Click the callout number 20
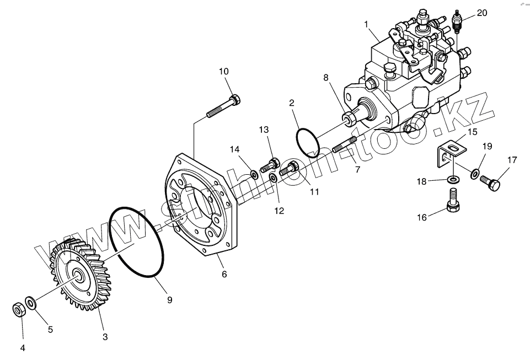(x=482, y=13)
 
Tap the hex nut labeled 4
(x=18, y=310)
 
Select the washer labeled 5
(x=31, y=302)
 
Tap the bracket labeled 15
(x=451, y=153)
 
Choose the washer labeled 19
(x=475, y=174)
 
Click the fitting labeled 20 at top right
(x=457, y=21)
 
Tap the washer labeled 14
(x=254, y=175)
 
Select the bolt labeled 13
(x=270, y=164)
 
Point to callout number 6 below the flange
(x=224, y=274)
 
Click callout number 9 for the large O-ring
(x=169, y=300)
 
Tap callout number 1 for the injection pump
(x=366, y=24)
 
